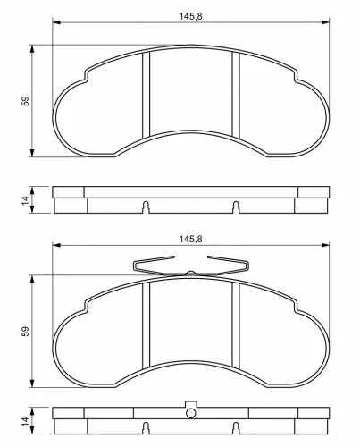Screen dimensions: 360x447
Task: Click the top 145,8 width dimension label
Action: pyautogui.click(x=190, y=16)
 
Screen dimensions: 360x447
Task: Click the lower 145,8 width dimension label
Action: pyautogui.click(x=190, y=239)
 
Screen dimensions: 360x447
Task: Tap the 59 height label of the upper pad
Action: pyautogui.click(x=26, y=101)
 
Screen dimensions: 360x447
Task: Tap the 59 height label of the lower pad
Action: pyautogui.click(x=26, y=331)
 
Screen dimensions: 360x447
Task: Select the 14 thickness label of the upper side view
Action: pyautogui.click(x=26, y=200)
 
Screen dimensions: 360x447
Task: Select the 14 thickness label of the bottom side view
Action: pyautogui.click(x=26, y=421)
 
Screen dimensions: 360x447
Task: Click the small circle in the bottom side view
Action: pyautogui.click(x=191, y=413)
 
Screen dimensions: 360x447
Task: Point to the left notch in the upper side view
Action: pyautogui.click(x=146, y=207)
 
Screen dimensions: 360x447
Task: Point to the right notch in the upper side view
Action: pyautogui.click(x=236, y=207)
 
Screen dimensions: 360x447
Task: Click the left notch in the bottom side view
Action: pyautogui.click(x=146, y=428)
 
